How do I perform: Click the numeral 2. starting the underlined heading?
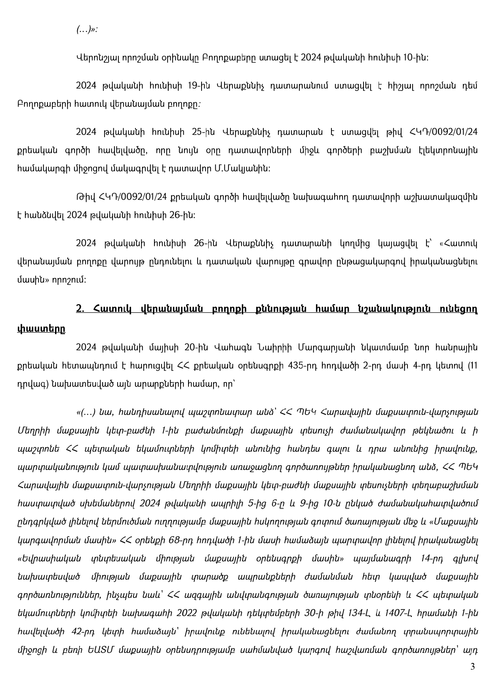pos(80,308)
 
